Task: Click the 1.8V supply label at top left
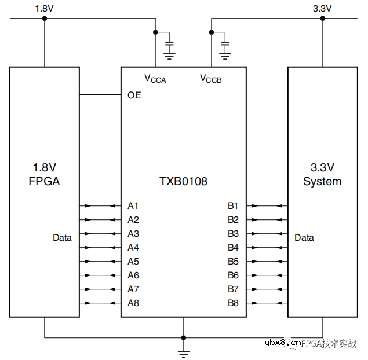[44, 9]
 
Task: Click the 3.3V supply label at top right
[322, 9]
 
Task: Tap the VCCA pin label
[155, 79]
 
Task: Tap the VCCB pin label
[210, 79]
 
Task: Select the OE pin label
[134, 95]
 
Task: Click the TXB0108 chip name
[183, 181]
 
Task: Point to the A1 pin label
[133, 205]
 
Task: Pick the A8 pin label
[133, 303]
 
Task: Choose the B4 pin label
[233, 247]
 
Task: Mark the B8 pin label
[233, 303]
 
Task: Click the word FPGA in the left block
[44, 181]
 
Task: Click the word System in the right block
[322, 181]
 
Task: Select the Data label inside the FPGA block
[62, 237]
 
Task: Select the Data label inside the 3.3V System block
[304, 237]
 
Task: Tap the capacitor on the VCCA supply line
[170, 45]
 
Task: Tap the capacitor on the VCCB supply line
[225, 45]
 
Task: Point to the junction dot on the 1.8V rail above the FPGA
[45, 18]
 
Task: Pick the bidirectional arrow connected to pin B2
[267, 219]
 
